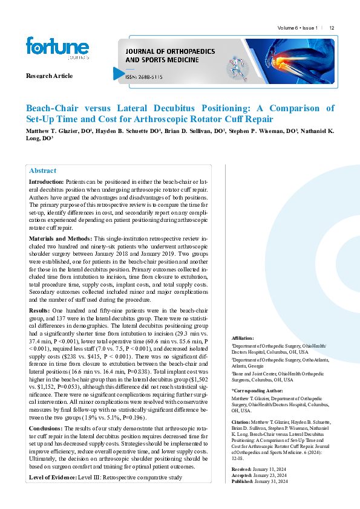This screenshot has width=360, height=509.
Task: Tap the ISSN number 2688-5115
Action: tap(145, 77)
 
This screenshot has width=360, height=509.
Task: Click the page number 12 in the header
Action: tap(332, 28)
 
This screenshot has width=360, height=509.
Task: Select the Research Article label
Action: tap(49, 76)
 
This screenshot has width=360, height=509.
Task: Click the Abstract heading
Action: tap(42, 170)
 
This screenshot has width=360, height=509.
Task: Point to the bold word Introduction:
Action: tap(46, 181)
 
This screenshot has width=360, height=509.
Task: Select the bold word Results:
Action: tap(41, 310)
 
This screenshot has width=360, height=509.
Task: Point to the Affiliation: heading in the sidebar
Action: tap(243, 338)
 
